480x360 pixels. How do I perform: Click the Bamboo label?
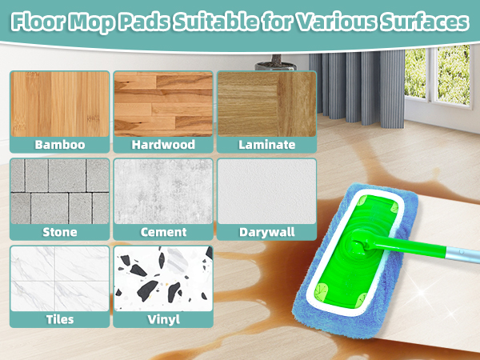point(59,145)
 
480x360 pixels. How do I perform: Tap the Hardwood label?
point(162,145)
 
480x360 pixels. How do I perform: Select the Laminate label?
point(266,145)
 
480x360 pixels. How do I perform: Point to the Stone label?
point(59,232)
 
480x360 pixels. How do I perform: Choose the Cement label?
point(162,232)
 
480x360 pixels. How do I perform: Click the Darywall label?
point(266,233)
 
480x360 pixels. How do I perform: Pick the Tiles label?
point(59,319)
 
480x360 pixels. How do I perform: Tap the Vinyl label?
point(162,319)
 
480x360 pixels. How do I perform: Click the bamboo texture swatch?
point(59,104)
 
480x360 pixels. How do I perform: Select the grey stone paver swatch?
point(59,191)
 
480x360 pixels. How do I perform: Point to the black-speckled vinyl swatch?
point(162,278)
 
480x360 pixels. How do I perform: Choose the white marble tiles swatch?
point(59,278)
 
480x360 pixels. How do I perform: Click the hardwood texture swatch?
point(162,104)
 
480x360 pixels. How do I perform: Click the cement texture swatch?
point(162,191)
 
